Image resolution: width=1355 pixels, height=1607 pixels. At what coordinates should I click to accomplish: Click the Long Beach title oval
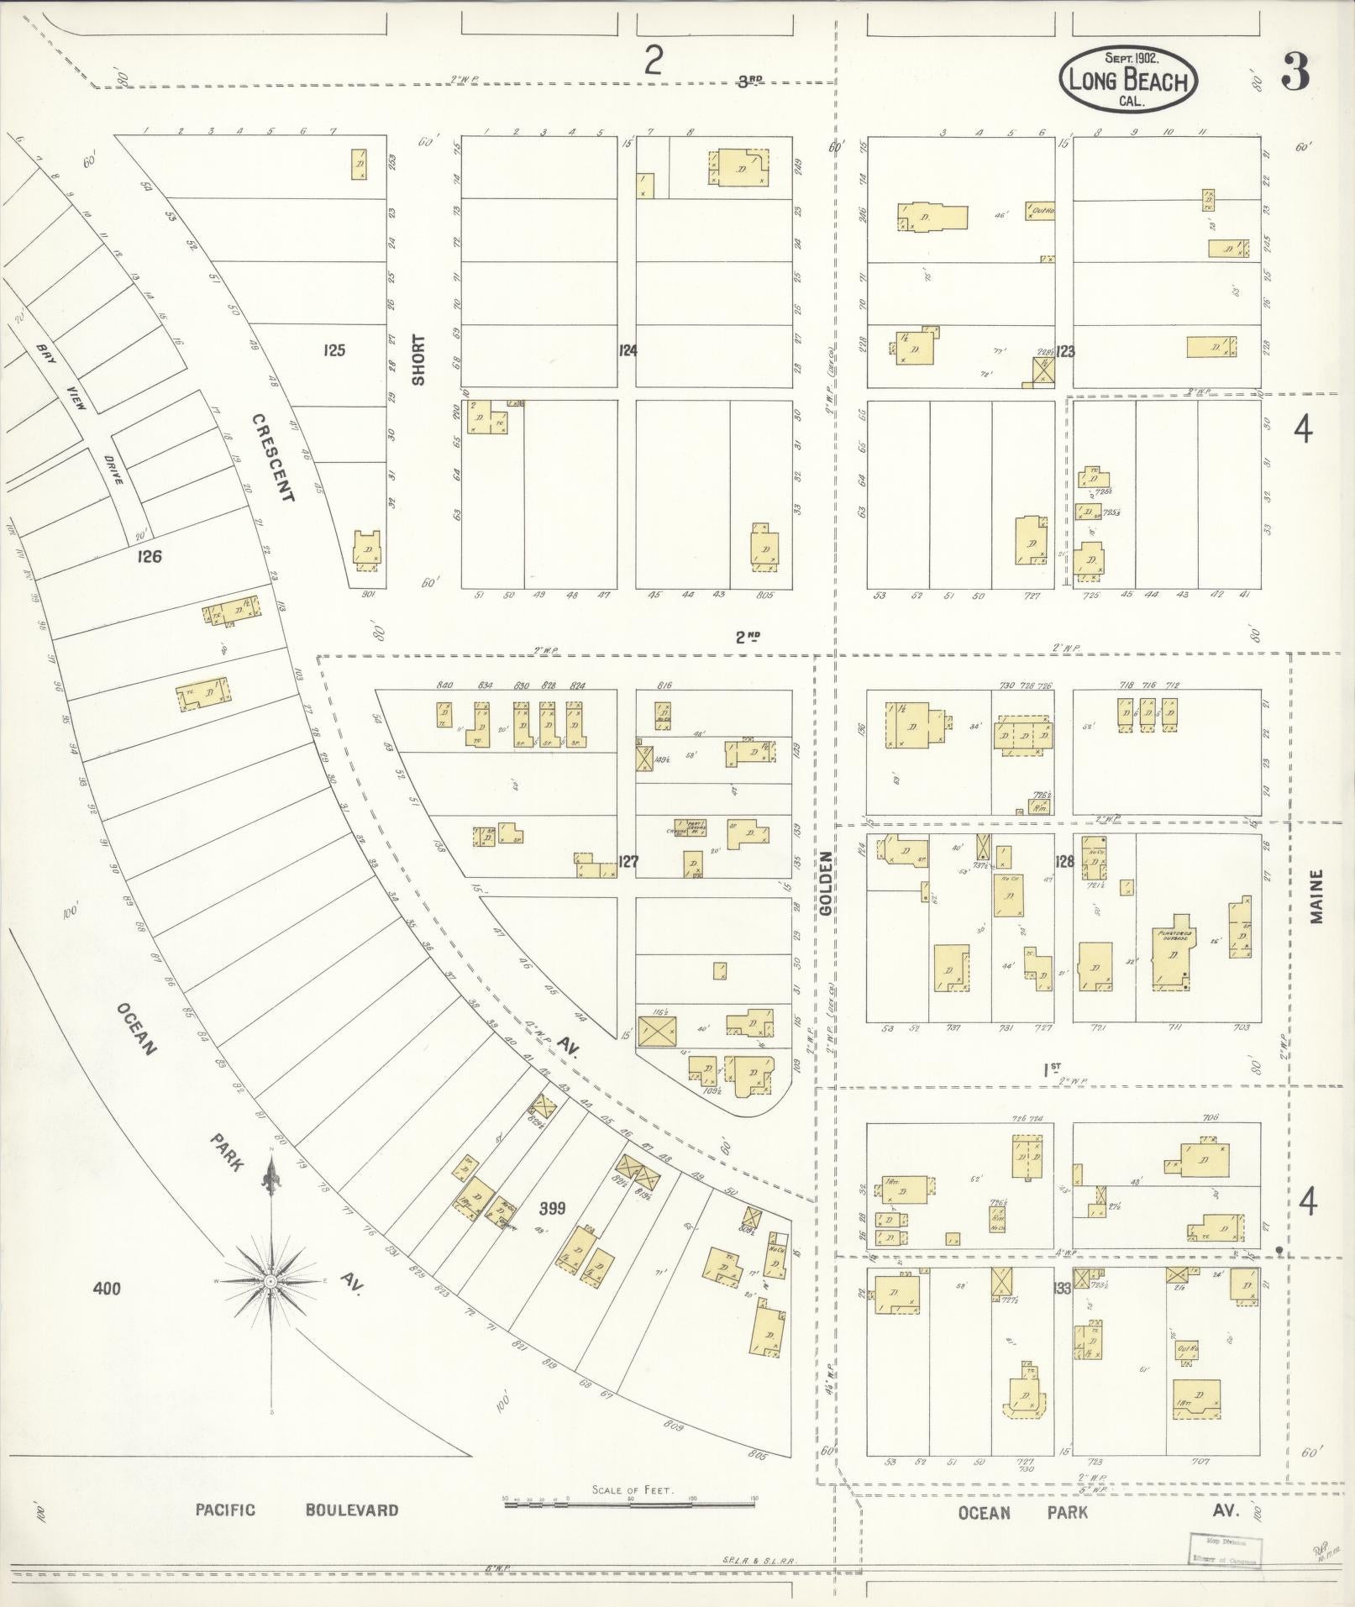(x=1128, y=81)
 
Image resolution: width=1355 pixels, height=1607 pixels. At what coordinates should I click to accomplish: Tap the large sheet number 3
(x=1295, y=75)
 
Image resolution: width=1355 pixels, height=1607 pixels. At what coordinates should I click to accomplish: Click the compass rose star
(x=270, y=1282)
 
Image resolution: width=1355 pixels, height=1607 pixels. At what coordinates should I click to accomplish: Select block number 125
(x=333, y=350)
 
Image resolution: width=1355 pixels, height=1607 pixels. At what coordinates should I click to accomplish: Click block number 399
(x=553, y=1209)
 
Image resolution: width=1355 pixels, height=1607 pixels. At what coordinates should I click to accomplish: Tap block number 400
(x=108, y=1288)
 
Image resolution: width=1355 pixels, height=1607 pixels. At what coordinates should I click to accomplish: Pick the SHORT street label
(x=418, y=360)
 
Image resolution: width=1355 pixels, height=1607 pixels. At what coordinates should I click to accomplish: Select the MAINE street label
(x=1316, y=896)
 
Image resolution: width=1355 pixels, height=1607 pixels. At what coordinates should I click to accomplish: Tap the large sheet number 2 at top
(x=654, y=61)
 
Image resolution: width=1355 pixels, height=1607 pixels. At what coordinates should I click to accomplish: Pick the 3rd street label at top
(x=749, y=81)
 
